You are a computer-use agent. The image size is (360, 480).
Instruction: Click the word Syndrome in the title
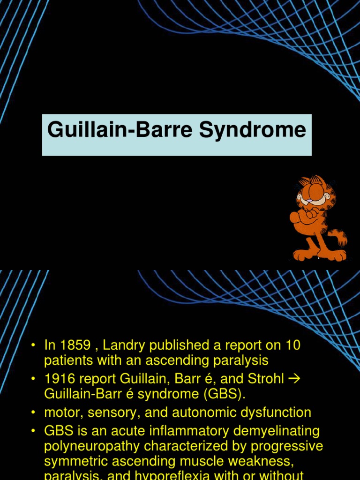[252, 130]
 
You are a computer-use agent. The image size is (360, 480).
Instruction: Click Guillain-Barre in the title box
[120, 129]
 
